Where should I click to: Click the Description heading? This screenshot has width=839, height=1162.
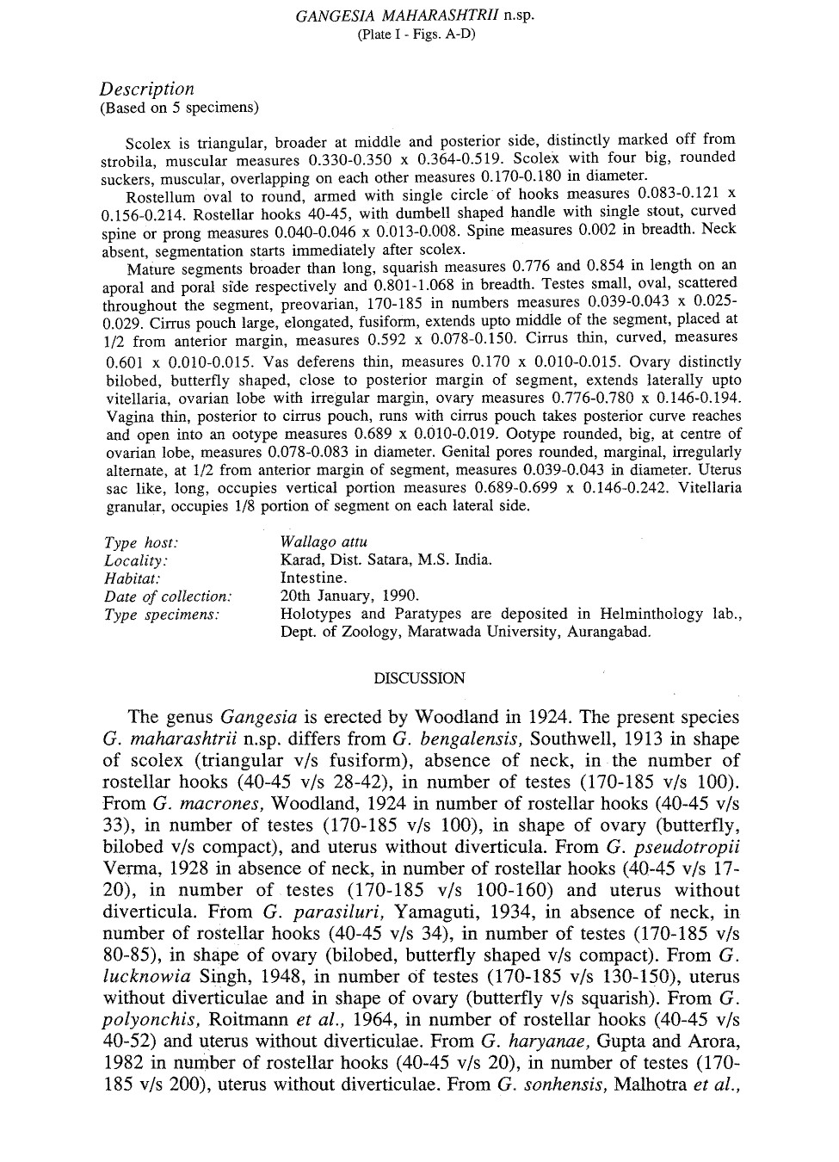(x=146, y=89)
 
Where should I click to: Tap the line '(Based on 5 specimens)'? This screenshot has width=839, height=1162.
(x=179, y=108)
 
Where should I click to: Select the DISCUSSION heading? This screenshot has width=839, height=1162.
(x=419, y=677)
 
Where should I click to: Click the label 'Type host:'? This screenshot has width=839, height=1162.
(x=141, y=542)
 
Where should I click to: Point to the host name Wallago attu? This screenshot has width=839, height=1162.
(x=324, y=542)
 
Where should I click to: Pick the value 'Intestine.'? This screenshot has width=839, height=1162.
(x=314, y=578)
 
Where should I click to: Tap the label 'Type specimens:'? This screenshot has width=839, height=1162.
(x=162, y=615)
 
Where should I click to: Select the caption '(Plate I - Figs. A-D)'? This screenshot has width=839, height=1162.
(x=415, y=34)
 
